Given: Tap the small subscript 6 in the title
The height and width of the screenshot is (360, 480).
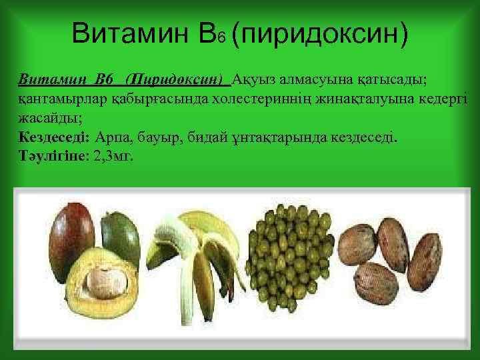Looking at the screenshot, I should (x=221, y=39).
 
